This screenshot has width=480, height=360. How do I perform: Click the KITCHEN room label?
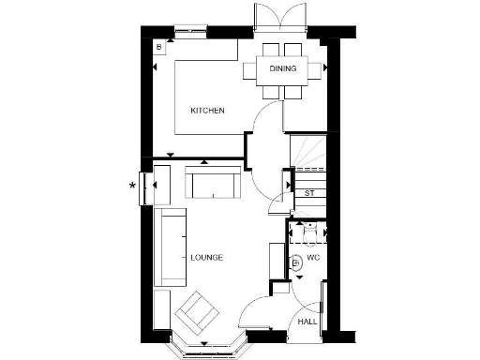207,111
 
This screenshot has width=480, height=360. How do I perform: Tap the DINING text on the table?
283,68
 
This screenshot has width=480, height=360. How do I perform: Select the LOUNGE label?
206,258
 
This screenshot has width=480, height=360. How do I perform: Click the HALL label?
307,322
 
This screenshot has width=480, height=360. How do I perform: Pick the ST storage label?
309,193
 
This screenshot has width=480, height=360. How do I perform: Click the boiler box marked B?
159,46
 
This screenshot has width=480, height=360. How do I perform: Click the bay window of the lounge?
205,349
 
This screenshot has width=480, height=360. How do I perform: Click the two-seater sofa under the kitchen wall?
212,182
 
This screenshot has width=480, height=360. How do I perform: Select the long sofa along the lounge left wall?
170,248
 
